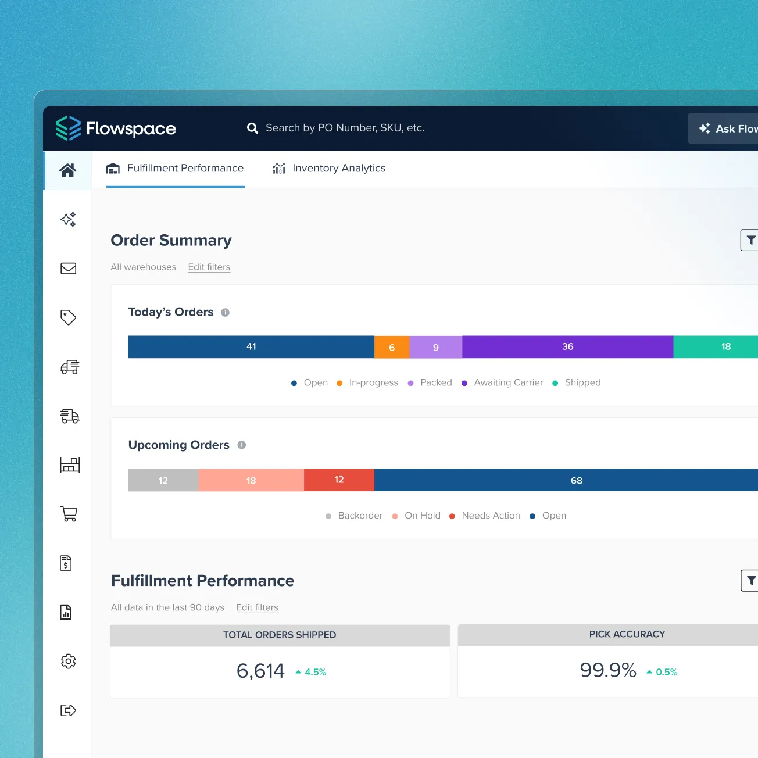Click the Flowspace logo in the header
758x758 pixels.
[x=116, y=128]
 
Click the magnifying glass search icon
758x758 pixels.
[x=252, y=128]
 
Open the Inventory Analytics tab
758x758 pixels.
[x=329, y=169]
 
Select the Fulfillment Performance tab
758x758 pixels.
[x=175, y=169]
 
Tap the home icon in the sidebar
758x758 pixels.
[x=68, y=170]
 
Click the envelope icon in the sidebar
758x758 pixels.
[x=69, y=269]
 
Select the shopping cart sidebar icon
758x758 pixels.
[x=69, y=514]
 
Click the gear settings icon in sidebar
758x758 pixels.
[x=69, y=661]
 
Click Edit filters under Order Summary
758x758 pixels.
[x=209, y=267]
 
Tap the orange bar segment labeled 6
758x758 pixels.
[x=392, y=347]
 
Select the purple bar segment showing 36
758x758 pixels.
[x=567, y=347]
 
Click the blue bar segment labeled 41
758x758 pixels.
[x=251, y=347]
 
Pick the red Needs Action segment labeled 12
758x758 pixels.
[x=339, y=480]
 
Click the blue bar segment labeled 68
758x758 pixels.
[x=575, y=480]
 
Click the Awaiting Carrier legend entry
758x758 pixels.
[x=508, y=382]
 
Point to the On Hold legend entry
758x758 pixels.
[x=422, y=516]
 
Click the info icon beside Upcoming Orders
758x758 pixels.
[x=242, y=445]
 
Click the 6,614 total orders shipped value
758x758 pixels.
[x=260, y=671]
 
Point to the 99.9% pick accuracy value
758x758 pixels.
[x=608, y=671]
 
